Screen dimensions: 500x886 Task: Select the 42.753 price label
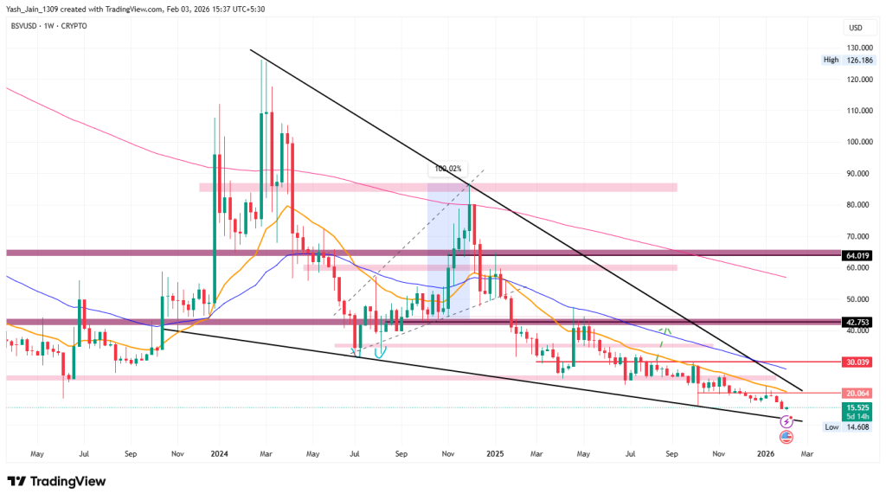[x=857, y=322]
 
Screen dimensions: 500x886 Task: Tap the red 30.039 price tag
[x=857, y=362]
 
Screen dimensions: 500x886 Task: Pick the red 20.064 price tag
[x=857, y=393]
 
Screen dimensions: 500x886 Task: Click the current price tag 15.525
[x=857, y=407]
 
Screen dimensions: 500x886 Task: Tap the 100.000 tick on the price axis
[x=858, y=142]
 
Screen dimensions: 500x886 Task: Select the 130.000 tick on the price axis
[x=858, y=48]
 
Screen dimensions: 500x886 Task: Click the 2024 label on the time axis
[x=220, y=452]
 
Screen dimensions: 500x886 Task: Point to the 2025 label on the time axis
[x=495, y=452]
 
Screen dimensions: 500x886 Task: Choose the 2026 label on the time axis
[x=765, y=452]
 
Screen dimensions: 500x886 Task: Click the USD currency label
[x=855, y=28]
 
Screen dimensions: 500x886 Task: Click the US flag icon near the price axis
[x=786, y=436]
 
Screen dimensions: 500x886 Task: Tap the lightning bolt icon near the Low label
[x=786, y=421]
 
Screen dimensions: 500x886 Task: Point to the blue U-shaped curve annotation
[x=378, y=350]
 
